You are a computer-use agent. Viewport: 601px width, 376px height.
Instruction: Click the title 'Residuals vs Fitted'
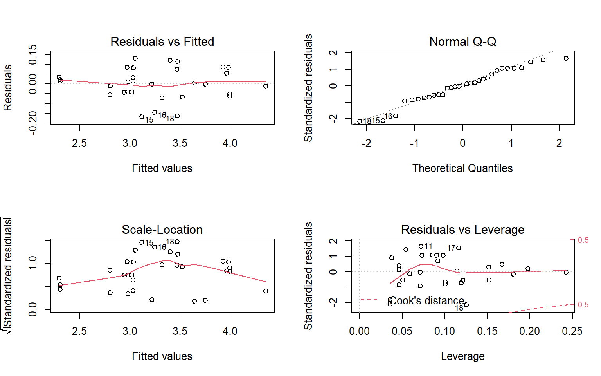point(162,42)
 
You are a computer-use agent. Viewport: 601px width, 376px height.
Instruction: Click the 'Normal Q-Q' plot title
point(462,42)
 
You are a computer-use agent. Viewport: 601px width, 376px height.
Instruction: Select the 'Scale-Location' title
point(162,230)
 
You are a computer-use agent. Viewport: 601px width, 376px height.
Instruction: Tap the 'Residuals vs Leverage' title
point(462,230)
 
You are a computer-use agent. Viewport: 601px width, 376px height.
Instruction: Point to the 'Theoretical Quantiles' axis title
point(462,168)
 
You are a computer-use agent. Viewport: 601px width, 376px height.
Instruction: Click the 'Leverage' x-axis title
point(462,356)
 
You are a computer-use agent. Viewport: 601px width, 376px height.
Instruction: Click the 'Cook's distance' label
point(427,301)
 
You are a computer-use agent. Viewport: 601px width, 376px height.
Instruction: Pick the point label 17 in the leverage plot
point(451,248)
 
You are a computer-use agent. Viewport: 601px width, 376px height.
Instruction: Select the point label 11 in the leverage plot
point(428,247)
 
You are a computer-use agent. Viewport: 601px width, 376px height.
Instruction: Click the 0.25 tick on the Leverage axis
point(572,331)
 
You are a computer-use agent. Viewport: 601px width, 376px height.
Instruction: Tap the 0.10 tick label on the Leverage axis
point(444,331)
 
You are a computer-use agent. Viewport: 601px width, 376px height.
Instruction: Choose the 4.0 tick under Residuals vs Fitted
point(230,143)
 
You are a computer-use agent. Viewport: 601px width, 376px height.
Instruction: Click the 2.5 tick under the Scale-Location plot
point(79,331)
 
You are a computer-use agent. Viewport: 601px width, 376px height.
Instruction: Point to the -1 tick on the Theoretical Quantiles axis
point(414,143)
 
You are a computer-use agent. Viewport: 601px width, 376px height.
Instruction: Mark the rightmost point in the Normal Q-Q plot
point(566,58)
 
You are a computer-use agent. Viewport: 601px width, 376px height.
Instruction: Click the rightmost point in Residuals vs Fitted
point(266,86)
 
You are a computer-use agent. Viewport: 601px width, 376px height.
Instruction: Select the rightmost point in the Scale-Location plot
point(266,291)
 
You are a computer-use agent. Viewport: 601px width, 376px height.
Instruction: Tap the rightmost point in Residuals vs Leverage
point(566,272)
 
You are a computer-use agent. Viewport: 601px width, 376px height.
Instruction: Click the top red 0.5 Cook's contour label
point(583,240)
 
